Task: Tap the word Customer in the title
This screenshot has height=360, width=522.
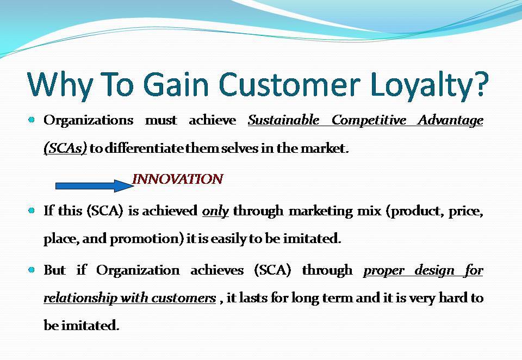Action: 289,83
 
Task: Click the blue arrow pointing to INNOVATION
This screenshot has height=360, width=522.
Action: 95,186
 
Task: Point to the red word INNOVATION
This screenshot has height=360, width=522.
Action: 177,179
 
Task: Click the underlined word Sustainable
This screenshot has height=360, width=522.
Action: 283,120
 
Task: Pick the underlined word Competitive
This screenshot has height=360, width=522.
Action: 369,120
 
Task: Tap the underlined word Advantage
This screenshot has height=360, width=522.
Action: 450,120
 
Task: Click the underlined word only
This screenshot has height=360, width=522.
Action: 215,211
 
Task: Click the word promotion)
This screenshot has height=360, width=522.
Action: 147,239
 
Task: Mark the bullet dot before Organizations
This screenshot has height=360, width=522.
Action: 32,120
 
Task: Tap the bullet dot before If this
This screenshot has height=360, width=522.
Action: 32,210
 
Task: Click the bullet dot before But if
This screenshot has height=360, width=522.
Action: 32,270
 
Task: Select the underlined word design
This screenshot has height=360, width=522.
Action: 434,270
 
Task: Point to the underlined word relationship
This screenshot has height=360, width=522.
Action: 80,297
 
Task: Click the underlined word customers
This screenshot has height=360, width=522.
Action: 184,298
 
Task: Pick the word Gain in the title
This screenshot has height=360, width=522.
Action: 176,83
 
